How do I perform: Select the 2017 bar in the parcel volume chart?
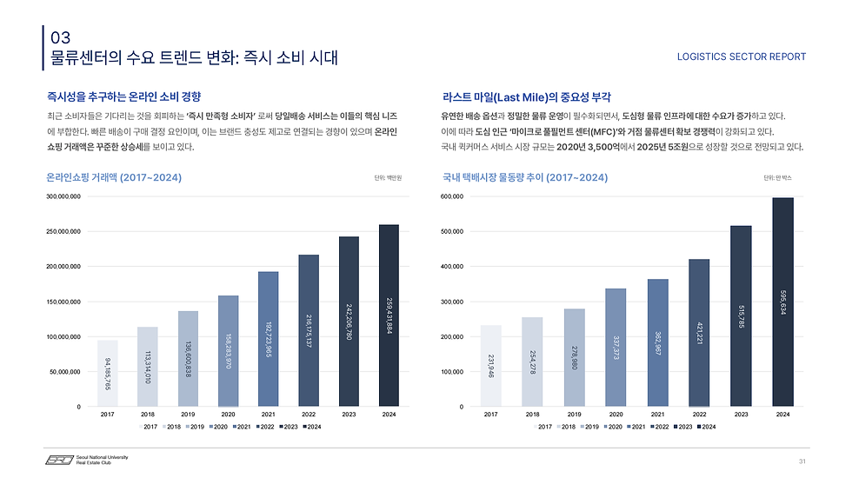490,365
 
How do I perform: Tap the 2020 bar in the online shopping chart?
228,351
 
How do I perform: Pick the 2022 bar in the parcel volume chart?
699,332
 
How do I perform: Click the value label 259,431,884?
388,314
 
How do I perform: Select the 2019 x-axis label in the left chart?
188,415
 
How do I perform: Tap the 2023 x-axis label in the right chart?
741,415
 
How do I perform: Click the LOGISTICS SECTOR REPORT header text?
741,56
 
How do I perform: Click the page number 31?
802,460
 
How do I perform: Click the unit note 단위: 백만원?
388,178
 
